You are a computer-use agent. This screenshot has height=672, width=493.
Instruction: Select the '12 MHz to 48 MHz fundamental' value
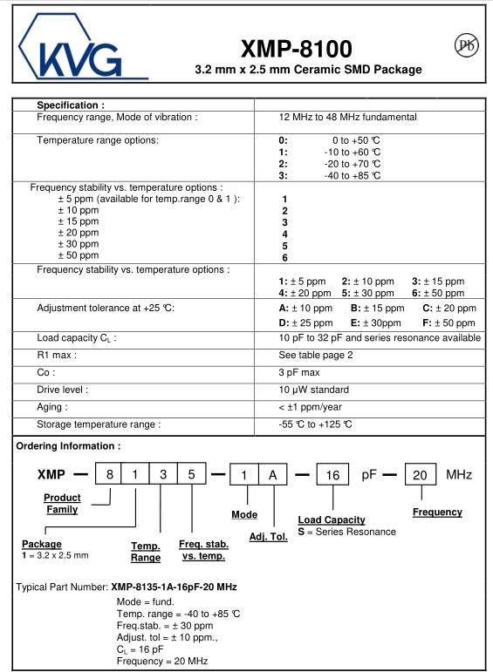347,117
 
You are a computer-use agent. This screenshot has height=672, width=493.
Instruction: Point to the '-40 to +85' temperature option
351,175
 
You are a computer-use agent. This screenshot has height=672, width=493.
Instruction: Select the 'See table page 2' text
316,355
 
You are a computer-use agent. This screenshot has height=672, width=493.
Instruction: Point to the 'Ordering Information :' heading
68,446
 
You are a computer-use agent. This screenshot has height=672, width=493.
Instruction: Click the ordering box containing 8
109,475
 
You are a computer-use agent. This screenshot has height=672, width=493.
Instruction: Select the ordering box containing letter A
272,475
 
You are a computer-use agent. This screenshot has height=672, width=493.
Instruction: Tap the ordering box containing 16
332,475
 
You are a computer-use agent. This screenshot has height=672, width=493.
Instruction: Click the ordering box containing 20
421,475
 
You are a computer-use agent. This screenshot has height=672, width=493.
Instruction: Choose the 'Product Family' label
62,504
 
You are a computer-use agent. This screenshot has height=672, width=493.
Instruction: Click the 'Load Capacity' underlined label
332,519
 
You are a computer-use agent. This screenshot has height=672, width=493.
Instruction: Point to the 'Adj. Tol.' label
268,536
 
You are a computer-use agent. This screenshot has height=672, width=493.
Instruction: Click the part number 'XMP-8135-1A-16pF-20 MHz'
174,587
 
